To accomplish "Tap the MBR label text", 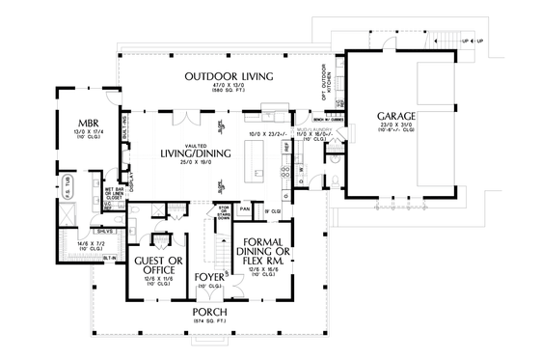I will coord(78,124).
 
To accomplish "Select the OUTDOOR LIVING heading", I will coord(229,75).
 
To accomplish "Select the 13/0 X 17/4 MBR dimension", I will coord(78,134).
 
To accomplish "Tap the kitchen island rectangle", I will coord(258,160).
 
